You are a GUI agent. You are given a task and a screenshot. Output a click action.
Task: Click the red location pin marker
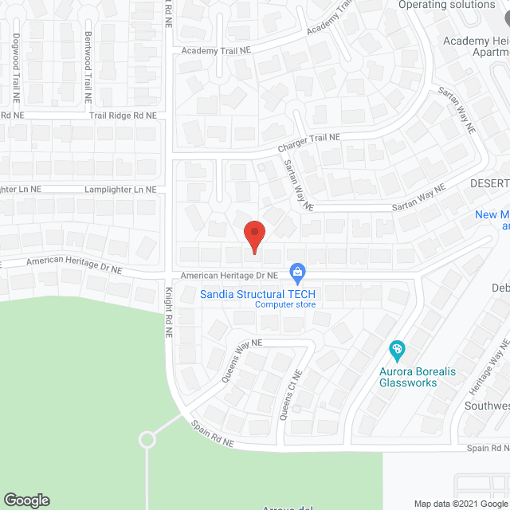point(253,236)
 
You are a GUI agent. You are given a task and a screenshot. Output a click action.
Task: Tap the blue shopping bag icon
point(297,273)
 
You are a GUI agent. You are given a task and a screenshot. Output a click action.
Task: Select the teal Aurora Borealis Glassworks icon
point(396,349)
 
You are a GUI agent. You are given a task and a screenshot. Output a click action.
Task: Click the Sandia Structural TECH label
point(258,294)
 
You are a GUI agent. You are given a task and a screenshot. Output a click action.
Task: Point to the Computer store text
point(284,304)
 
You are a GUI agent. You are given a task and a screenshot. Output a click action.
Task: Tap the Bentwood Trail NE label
point(88,67)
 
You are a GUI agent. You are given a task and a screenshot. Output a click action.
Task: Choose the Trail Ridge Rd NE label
point(122,116)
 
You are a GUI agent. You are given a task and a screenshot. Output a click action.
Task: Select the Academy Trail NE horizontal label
point(215,49)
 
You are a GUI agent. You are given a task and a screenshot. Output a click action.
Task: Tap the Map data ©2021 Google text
point(460,503)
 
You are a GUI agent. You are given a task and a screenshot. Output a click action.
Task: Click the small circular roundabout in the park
point(146,439)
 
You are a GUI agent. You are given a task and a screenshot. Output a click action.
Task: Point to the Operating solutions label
point(445,5)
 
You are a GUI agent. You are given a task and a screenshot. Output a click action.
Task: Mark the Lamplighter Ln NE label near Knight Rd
point(122,190)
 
